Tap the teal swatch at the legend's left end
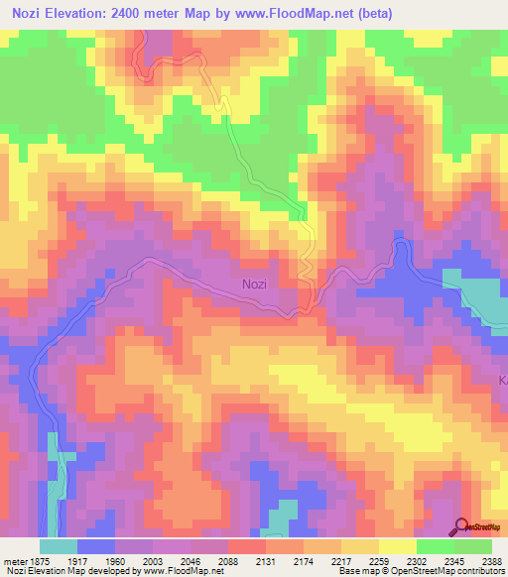tap(59, 546)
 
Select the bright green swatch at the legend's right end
tap(473, 546)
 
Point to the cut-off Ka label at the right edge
tap(502, 381)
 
